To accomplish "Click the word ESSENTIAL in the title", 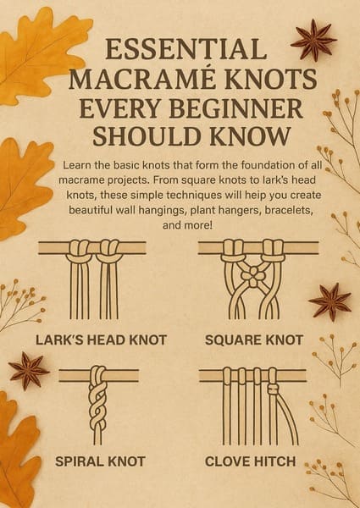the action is (186, 49).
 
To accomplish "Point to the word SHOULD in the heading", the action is (148, 135).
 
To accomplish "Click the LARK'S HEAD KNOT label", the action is (101, 340).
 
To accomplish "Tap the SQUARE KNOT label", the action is (254, 340).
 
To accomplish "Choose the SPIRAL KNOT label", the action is (100, 461).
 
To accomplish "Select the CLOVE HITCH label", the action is (251, 461).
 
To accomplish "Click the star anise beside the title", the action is (313, 40).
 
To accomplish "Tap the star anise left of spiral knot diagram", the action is (29, 371).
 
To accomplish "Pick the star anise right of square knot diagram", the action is (330, 301).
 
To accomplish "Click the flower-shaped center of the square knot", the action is (253, 276).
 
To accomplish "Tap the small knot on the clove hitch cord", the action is (273, 389).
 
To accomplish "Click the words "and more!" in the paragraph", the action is (187, 225).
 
